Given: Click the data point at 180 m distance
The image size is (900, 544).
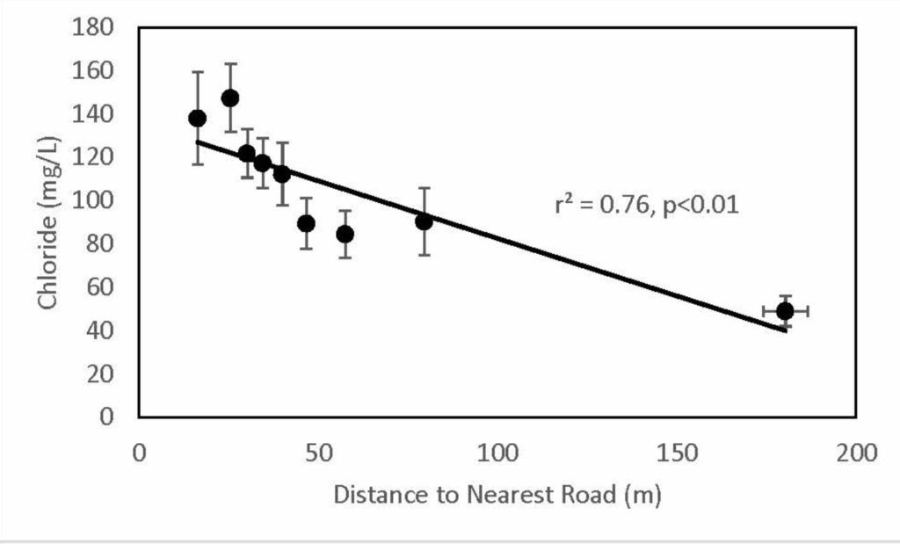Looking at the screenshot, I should point(785,311).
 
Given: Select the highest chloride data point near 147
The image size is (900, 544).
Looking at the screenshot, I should point(230,98).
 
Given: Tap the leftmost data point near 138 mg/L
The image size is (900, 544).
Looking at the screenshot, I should point(198,119).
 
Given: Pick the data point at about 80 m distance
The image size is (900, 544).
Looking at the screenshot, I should point(424,221).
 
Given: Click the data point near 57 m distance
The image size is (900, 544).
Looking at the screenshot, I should point(345,234).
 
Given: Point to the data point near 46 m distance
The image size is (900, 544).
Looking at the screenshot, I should point(306,223).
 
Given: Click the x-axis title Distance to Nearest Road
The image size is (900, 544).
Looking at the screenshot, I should point(496,497).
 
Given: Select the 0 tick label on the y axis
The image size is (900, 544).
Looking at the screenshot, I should point(107,417).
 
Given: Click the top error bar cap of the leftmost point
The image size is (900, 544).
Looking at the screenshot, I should point(198,72).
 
